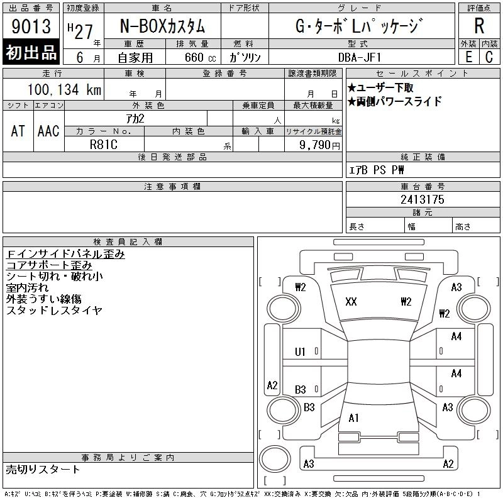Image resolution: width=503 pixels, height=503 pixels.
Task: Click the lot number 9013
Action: tap(31, 26)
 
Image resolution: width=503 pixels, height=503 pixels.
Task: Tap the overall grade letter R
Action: tap(479, 26)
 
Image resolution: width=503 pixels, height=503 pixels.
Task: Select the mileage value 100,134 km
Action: tap(64, 89)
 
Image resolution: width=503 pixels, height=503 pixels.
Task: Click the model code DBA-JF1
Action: tap(360, 57)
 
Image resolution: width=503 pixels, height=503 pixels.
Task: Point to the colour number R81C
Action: tap(104, 145)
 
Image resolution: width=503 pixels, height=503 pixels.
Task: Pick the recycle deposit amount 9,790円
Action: tap(319, 145)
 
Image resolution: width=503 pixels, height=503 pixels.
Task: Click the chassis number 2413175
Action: tap(423, 199)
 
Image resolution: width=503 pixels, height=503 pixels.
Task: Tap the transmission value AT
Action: tap(18, 131)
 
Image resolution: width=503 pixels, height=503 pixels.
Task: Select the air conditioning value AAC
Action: tap(48, 131)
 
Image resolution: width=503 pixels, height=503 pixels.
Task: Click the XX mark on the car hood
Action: tap(351, 302)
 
